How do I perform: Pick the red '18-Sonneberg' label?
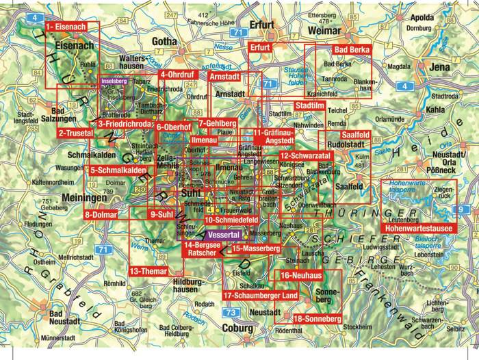point(316,319)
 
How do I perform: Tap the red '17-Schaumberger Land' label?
point(261,295)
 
